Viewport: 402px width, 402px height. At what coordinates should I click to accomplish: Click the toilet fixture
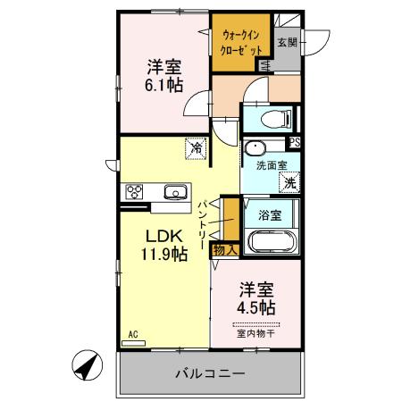pyautogui.click(x=268, y=118)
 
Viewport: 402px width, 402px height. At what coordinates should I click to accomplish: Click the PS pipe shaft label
pyautogui.click(x=294, y=142)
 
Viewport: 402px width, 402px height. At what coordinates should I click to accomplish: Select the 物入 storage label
pyautogui.click(x=223, y=250)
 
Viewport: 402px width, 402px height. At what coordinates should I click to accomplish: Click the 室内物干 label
pyautogui.click(x=255, y=334)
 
